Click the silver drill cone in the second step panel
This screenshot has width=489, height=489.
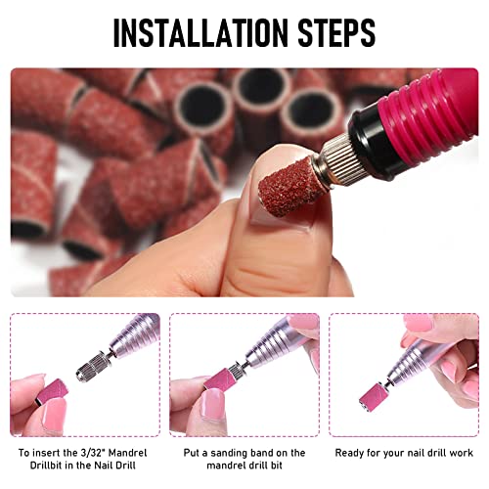point(269,352)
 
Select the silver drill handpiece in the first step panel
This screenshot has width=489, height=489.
point(132,342)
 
